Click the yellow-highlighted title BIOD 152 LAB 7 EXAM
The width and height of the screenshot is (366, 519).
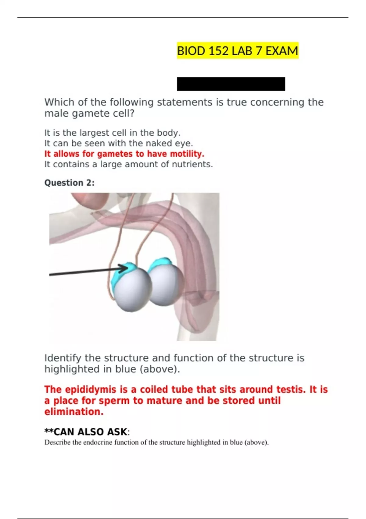coord(237,51)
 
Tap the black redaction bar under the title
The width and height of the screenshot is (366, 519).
coord(231,84)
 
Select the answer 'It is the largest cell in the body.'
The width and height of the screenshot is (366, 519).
coord(113,133)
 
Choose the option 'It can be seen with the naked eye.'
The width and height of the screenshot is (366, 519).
coord(119,143)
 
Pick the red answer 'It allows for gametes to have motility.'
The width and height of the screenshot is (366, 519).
coord(124,154)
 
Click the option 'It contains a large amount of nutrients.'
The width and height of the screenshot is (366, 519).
coord(128,164)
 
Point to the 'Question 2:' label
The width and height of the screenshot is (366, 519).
coord(70,183)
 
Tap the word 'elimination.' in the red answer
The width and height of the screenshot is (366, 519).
coord(74,412)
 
